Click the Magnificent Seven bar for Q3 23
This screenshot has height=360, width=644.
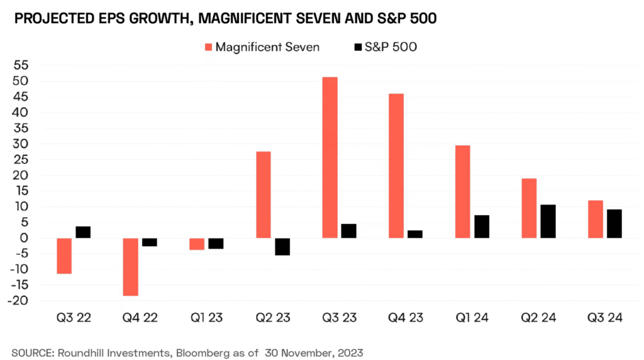tap(330, 157)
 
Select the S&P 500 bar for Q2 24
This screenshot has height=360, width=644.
tap(548, 222)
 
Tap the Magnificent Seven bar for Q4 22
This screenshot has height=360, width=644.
tap(130, 267)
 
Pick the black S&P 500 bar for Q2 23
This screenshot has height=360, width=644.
tap(282, 247)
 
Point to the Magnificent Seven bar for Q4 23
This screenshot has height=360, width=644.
tap(396, 166)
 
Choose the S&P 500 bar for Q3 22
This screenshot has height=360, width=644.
tap(83, 232)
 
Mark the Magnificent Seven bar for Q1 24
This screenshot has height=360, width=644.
tap(463, 191)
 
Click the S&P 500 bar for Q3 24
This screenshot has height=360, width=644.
tap(614, 223)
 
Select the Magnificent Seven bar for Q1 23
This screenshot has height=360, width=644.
tap(197, 244)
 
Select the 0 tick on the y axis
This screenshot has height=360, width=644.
tap(25, 238)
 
